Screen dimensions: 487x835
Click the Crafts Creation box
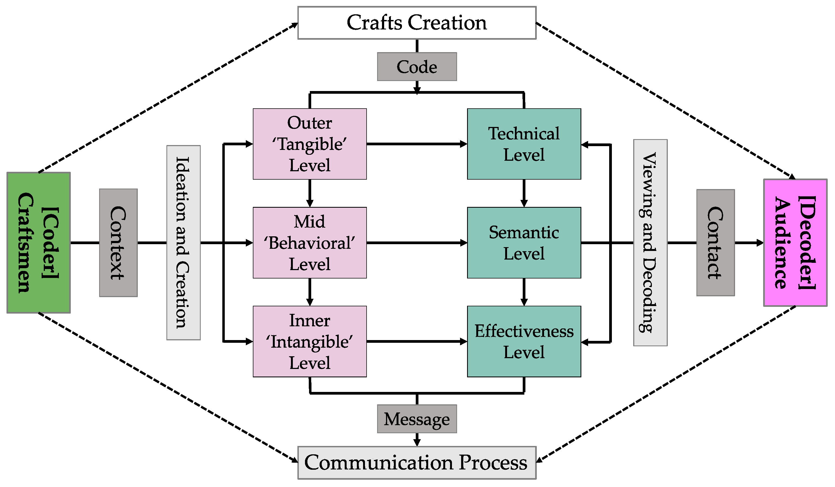point(417,23)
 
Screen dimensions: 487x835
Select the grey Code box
point(417,67)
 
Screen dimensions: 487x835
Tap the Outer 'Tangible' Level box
point(310,144)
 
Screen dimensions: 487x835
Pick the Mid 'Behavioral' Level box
point(310,243)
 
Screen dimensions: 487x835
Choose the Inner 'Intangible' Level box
point(310,341)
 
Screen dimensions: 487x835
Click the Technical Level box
point(524,144)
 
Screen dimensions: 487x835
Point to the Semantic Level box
point(524,243)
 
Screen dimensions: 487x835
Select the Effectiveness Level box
point(524,341)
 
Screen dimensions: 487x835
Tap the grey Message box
point(417,419)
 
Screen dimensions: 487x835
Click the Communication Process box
point(417,462)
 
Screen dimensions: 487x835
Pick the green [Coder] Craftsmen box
point(38,243)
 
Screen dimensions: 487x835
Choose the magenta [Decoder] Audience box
point(795,243)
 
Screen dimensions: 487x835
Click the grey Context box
point(118,243)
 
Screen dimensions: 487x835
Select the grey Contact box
point(715,243)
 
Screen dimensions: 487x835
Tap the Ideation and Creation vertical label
point(183,243)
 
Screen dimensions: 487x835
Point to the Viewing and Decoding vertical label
point(650,243)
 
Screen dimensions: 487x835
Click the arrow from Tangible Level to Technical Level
point(417,144)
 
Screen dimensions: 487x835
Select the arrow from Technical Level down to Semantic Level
point(524,193)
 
